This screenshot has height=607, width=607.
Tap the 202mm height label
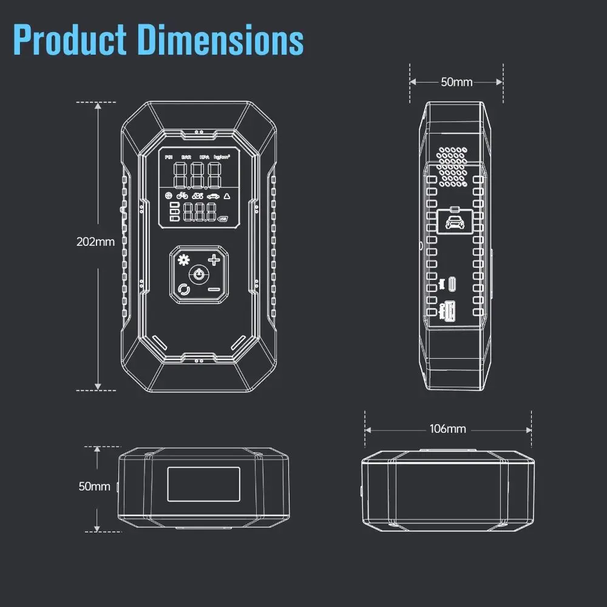coord(95,242)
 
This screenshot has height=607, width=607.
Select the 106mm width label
coord(447,429)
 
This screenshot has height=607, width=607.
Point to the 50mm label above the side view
coord(456,82)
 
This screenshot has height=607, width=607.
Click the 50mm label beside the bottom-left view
coord(95,486)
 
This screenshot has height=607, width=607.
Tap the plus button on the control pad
coord(214,260)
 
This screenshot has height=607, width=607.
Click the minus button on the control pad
coord(214,289)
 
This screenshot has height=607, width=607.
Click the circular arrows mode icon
coord(183,290)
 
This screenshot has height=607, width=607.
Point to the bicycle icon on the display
coord(182,196)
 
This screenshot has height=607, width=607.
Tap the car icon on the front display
coord(214,196)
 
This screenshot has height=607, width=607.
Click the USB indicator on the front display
coord(222,219)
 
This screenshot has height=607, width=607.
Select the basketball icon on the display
coord(168,196)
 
